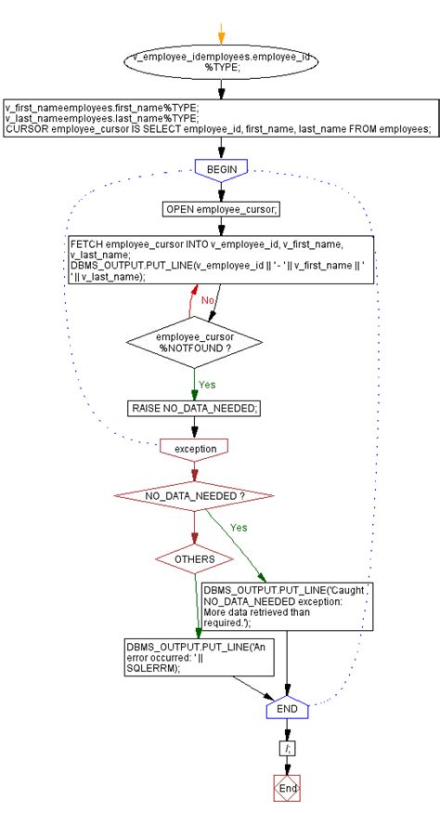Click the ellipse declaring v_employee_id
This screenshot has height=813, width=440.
[x=220, y=62]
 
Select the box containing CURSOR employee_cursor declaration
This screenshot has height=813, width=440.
[x=220, y=118]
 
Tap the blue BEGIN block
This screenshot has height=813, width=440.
[x=221, y=169]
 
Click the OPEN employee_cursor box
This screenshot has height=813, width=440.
[x=221, y=209]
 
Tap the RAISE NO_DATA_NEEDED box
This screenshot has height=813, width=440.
[x=194, y=407]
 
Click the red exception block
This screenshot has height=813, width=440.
[x=194, y=448]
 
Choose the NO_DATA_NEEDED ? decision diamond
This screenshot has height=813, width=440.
[x=194, y=496]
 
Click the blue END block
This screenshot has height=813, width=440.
[x=287, y=710]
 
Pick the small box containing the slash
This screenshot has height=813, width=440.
[x=287, y=746]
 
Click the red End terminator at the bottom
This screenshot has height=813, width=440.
[x=287, y=786]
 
